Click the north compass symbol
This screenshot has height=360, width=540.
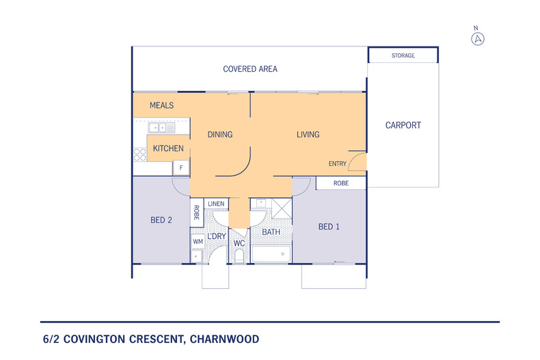tap(478, 38)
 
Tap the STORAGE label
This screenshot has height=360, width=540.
tap(403, 55)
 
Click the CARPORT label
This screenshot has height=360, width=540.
tap(403, 125)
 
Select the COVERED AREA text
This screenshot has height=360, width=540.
tap(250, 69)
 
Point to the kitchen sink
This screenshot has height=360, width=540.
tap(161, 128)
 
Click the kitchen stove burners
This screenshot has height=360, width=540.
tap(140, 154)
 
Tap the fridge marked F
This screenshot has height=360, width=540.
tap(181, 167)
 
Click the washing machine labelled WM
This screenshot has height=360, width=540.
tap(198, 242)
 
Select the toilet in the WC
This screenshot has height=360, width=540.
tap(239, 256)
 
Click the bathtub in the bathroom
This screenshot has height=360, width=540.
tap(271, 254)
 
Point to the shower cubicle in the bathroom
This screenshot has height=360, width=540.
tap(282, 208)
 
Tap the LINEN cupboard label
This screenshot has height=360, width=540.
tap(216, 204)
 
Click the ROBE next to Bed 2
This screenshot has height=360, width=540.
tap(197, 212)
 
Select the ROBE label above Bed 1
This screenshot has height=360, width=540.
tap(341, 184)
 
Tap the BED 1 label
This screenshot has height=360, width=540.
tap(329, 227)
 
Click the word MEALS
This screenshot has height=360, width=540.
tap(161, 105)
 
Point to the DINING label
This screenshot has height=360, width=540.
tap(220, 135)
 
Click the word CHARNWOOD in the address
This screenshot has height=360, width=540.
tap(224, 340)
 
